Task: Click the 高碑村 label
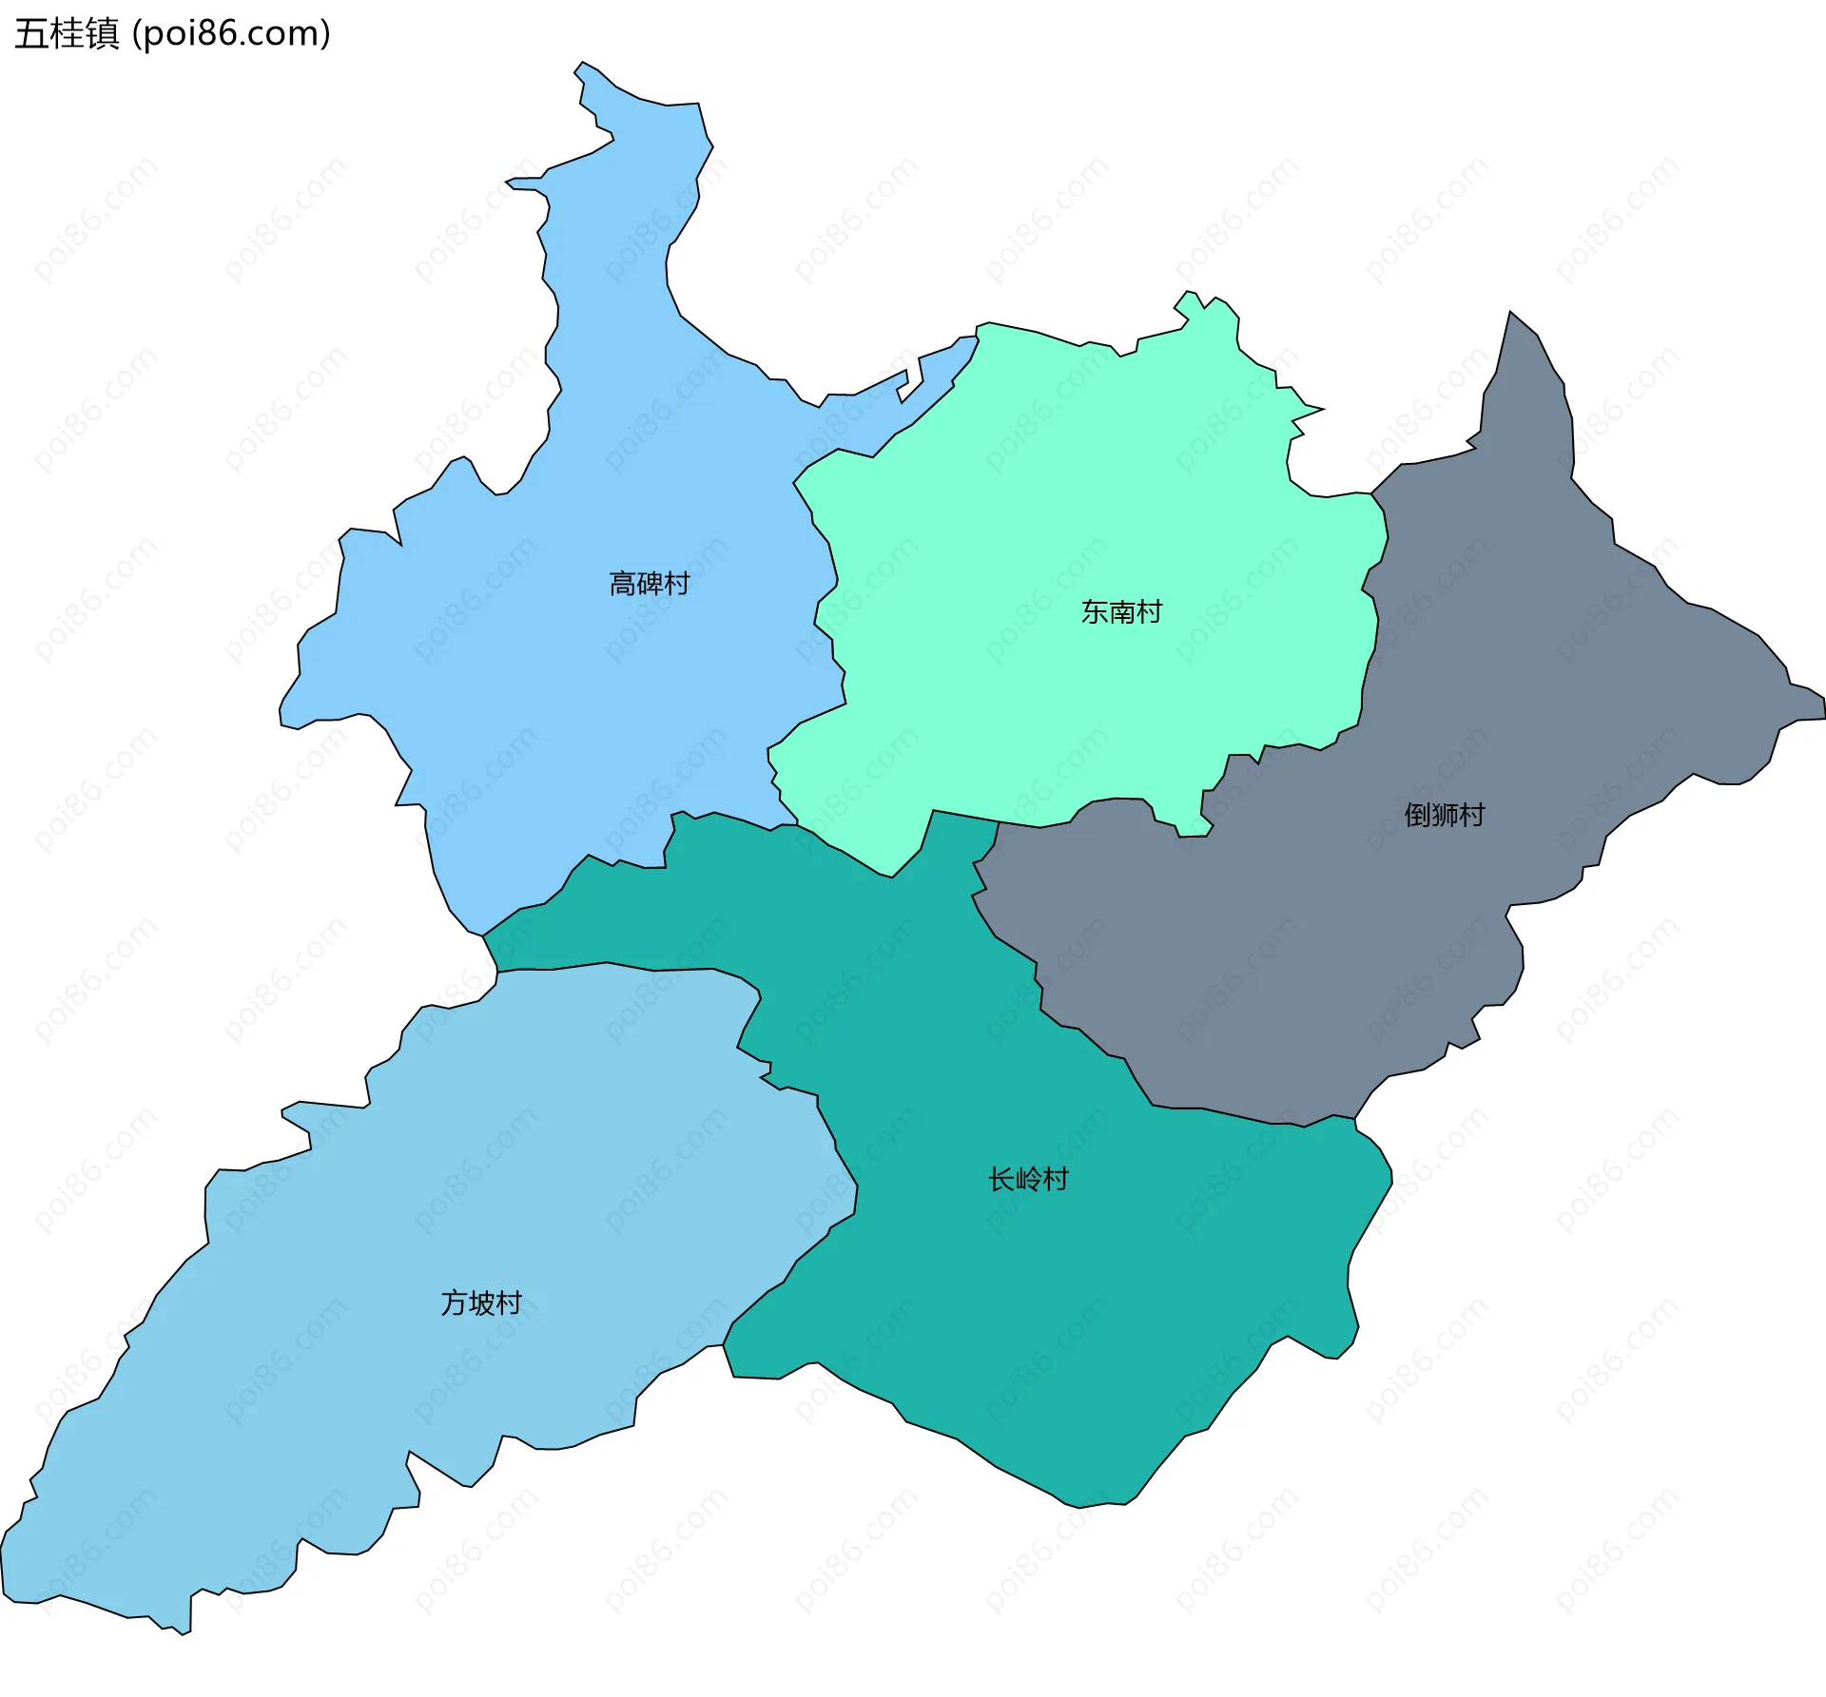pos(649,583)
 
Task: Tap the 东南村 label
pos(1121,611)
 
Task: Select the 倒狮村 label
pos(1444,815)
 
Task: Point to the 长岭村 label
pos(1028,1179)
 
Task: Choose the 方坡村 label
pos(481,1302)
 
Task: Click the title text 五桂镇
pos(67,33)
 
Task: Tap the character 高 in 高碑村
pos(622,583)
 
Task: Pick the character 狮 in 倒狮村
pos(1444,815)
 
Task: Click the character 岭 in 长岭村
pos(1028,1179)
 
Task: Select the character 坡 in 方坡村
pos(481,1302)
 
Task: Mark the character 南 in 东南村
pos(1121,611)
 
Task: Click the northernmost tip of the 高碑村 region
pos(582,63)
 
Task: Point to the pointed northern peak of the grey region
pos(1509,313)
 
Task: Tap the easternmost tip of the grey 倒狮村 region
pos(1823,708)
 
